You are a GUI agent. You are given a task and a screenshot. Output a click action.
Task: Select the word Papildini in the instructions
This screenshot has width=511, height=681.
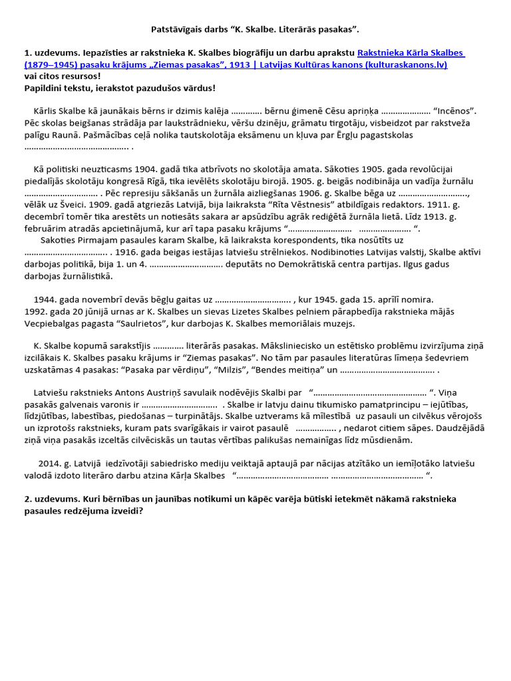[x=43, y=88]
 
